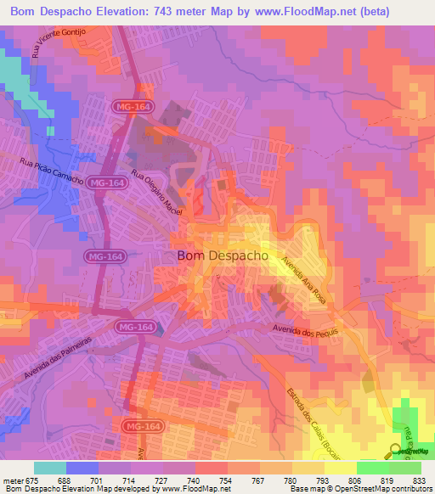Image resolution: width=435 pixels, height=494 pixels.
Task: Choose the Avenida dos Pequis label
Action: [x=307, y=329]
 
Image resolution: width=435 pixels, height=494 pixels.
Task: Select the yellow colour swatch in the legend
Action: [x=340, y=468]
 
